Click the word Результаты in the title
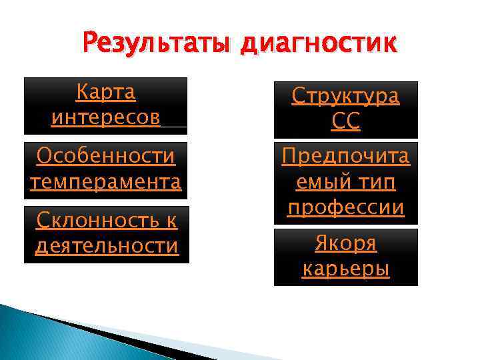157,44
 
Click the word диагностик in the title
319,45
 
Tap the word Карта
105,92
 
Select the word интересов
105,117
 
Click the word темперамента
106,181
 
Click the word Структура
345,96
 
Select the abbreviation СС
345,122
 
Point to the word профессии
345,207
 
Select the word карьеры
345,269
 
